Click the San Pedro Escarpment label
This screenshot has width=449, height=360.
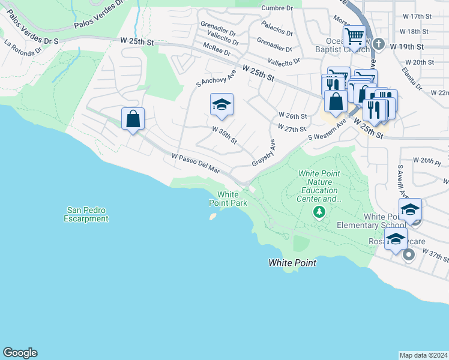88,214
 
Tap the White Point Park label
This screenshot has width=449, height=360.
232,199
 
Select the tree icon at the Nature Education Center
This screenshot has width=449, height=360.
319,211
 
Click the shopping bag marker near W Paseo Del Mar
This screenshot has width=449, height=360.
133,118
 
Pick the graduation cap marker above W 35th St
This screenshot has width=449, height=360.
221,105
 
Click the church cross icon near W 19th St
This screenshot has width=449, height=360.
379,43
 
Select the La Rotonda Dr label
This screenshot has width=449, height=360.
24,47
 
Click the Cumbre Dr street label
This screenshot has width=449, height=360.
277,8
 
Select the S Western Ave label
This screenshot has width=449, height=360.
327,130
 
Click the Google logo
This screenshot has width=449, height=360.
20,352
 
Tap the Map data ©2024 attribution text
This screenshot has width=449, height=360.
423,355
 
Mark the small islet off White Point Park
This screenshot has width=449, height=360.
212,217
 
